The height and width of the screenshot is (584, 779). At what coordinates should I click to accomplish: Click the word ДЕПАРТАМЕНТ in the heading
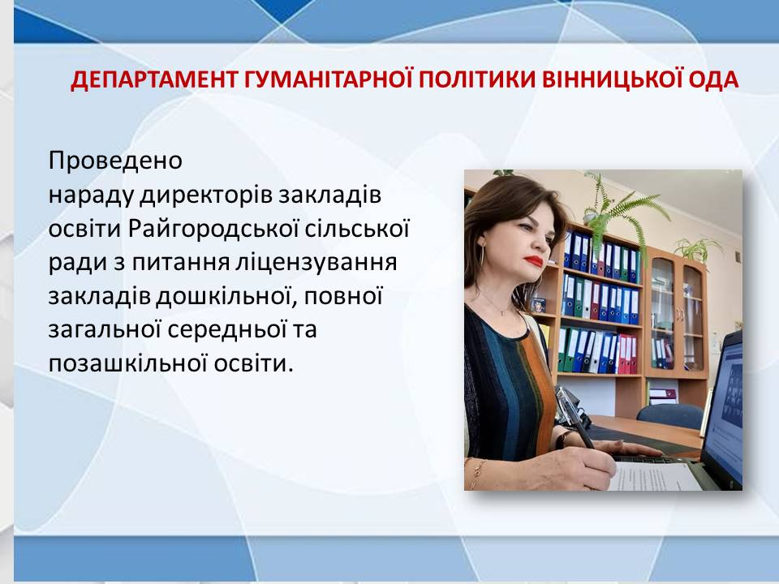[x=153, y=80]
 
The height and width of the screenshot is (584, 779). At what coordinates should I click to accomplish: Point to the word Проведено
[x=115, y=161]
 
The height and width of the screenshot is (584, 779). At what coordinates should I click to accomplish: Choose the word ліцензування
[x=316, y=263]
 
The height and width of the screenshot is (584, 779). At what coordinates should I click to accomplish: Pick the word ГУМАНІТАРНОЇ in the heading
[x=329, y=80]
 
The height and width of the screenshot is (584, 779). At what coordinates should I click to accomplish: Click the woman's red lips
[x=534, y=261]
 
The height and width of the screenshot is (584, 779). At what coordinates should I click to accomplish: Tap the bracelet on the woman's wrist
[x=477, y=472]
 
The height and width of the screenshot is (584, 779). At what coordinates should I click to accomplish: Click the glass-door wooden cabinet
[x=677, y=314]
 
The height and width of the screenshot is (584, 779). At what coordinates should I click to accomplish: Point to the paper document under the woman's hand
[x=651, y=475]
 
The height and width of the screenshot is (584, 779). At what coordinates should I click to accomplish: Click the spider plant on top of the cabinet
[x=698, y=248]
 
